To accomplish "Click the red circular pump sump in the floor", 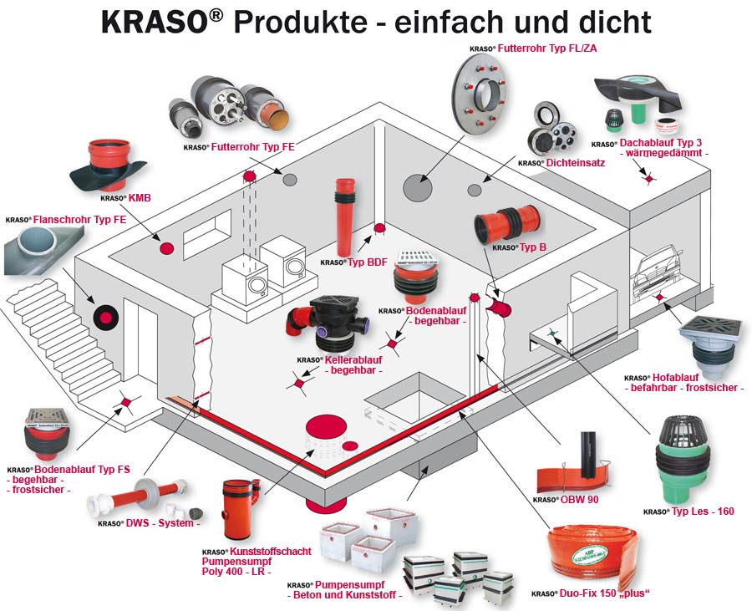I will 329,435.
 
